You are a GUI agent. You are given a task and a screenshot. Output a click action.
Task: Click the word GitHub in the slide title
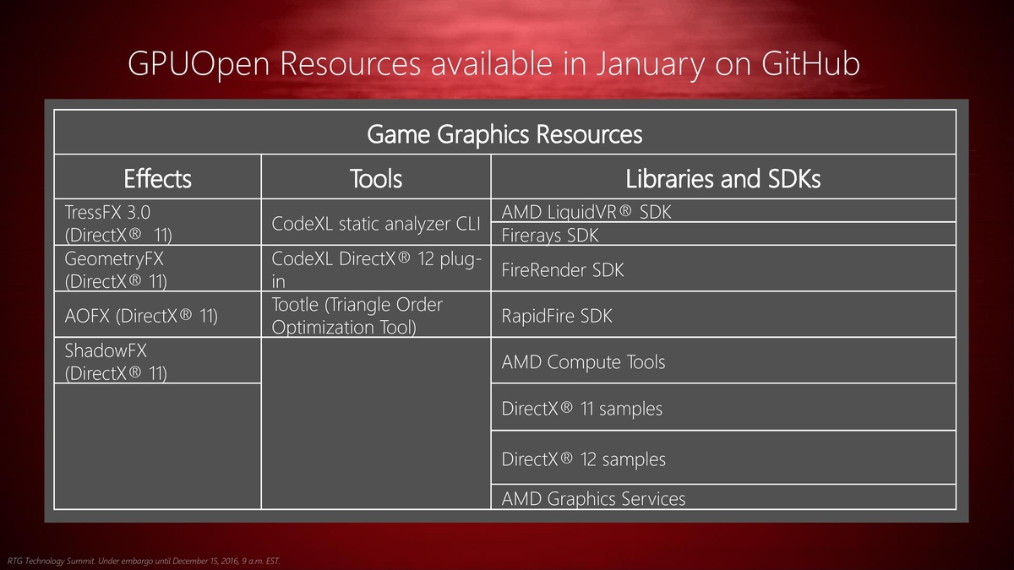[x=810, y=64]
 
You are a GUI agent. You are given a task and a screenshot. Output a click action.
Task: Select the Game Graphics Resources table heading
[x=504, y=134]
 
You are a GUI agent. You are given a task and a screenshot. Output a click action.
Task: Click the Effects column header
[x=157, y=178]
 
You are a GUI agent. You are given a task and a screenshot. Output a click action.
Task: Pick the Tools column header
[x=376, y=178]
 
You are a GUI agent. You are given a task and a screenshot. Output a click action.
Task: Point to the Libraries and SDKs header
[x=723, y=178]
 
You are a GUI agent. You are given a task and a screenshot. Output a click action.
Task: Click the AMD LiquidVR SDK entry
[x=586, y=212]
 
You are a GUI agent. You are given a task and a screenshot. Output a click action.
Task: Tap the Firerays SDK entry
[x=549, y=236]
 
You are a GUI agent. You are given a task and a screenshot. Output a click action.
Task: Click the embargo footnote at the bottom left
[x=144, y=561]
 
